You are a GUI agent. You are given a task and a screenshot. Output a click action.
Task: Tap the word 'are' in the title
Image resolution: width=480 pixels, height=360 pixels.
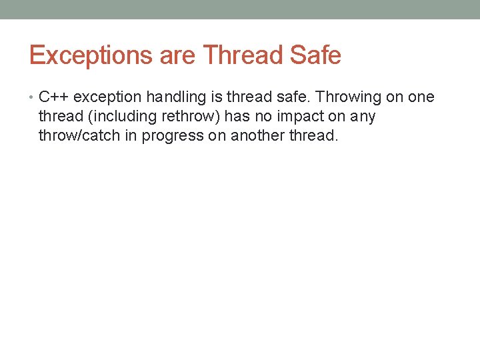point(178,55)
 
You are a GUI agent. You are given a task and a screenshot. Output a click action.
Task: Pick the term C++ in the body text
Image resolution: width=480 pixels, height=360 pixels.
point(54,97)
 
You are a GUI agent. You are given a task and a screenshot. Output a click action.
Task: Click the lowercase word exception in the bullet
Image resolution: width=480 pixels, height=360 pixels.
point(108,97)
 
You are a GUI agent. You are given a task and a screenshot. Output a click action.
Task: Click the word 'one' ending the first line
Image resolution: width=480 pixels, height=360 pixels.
point(421,97)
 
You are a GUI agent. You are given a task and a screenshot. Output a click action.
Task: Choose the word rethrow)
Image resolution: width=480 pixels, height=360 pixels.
point(193,117)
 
